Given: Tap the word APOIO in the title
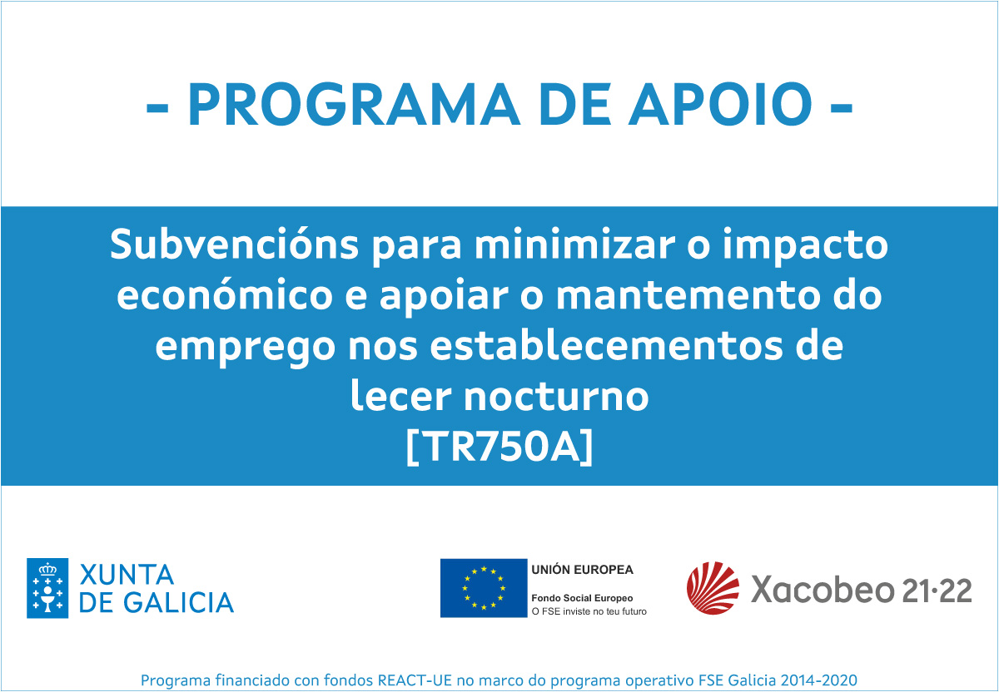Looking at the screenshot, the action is pyautogui.click(x=720, y=104).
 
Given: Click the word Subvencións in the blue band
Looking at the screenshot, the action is pyautogui.click(x=234, y=244).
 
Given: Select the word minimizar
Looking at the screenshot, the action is pyautogui.click(x=574, y=244).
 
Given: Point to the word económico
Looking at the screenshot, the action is pyautogui.click(x=224, y=294).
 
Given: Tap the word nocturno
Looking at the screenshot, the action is pyautogui.click(x=556, y=396).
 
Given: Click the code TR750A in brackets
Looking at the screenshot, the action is pyautogui.click(x=499, y=447).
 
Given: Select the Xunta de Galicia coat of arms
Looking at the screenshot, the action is pyautogui.click(x=47, y=588).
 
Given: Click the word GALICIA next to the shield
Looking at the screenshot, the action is pyautogui.click(x=178, y=603).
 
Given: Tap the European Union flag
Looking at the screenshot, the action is pyautogui.click(x=484, y=588).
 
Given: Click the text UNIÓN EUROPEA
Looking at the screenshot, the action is pyautogui.click(x=582, y=570).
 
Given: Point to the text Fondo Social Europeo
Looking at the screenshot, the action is pyautogui.click(x=582, y=598).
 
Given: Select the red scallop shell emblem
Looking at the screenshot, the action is pyautogui.click(x=713, y=588).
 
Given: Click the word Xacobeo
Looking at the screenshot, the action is pyautogui.click(x=823, y=589).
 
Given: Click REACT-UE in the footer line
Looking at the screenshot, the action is pyautogui.click(x=415, y=680).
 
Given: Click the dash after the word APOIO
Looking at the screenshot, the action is pyautogui.click(x=842, y=108).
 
